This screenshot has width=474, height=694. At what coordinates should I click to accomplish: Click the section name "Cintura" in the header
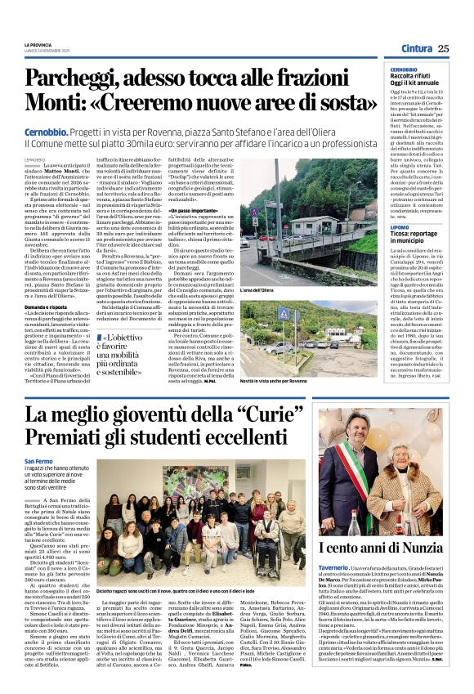[x=417, y=49]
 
